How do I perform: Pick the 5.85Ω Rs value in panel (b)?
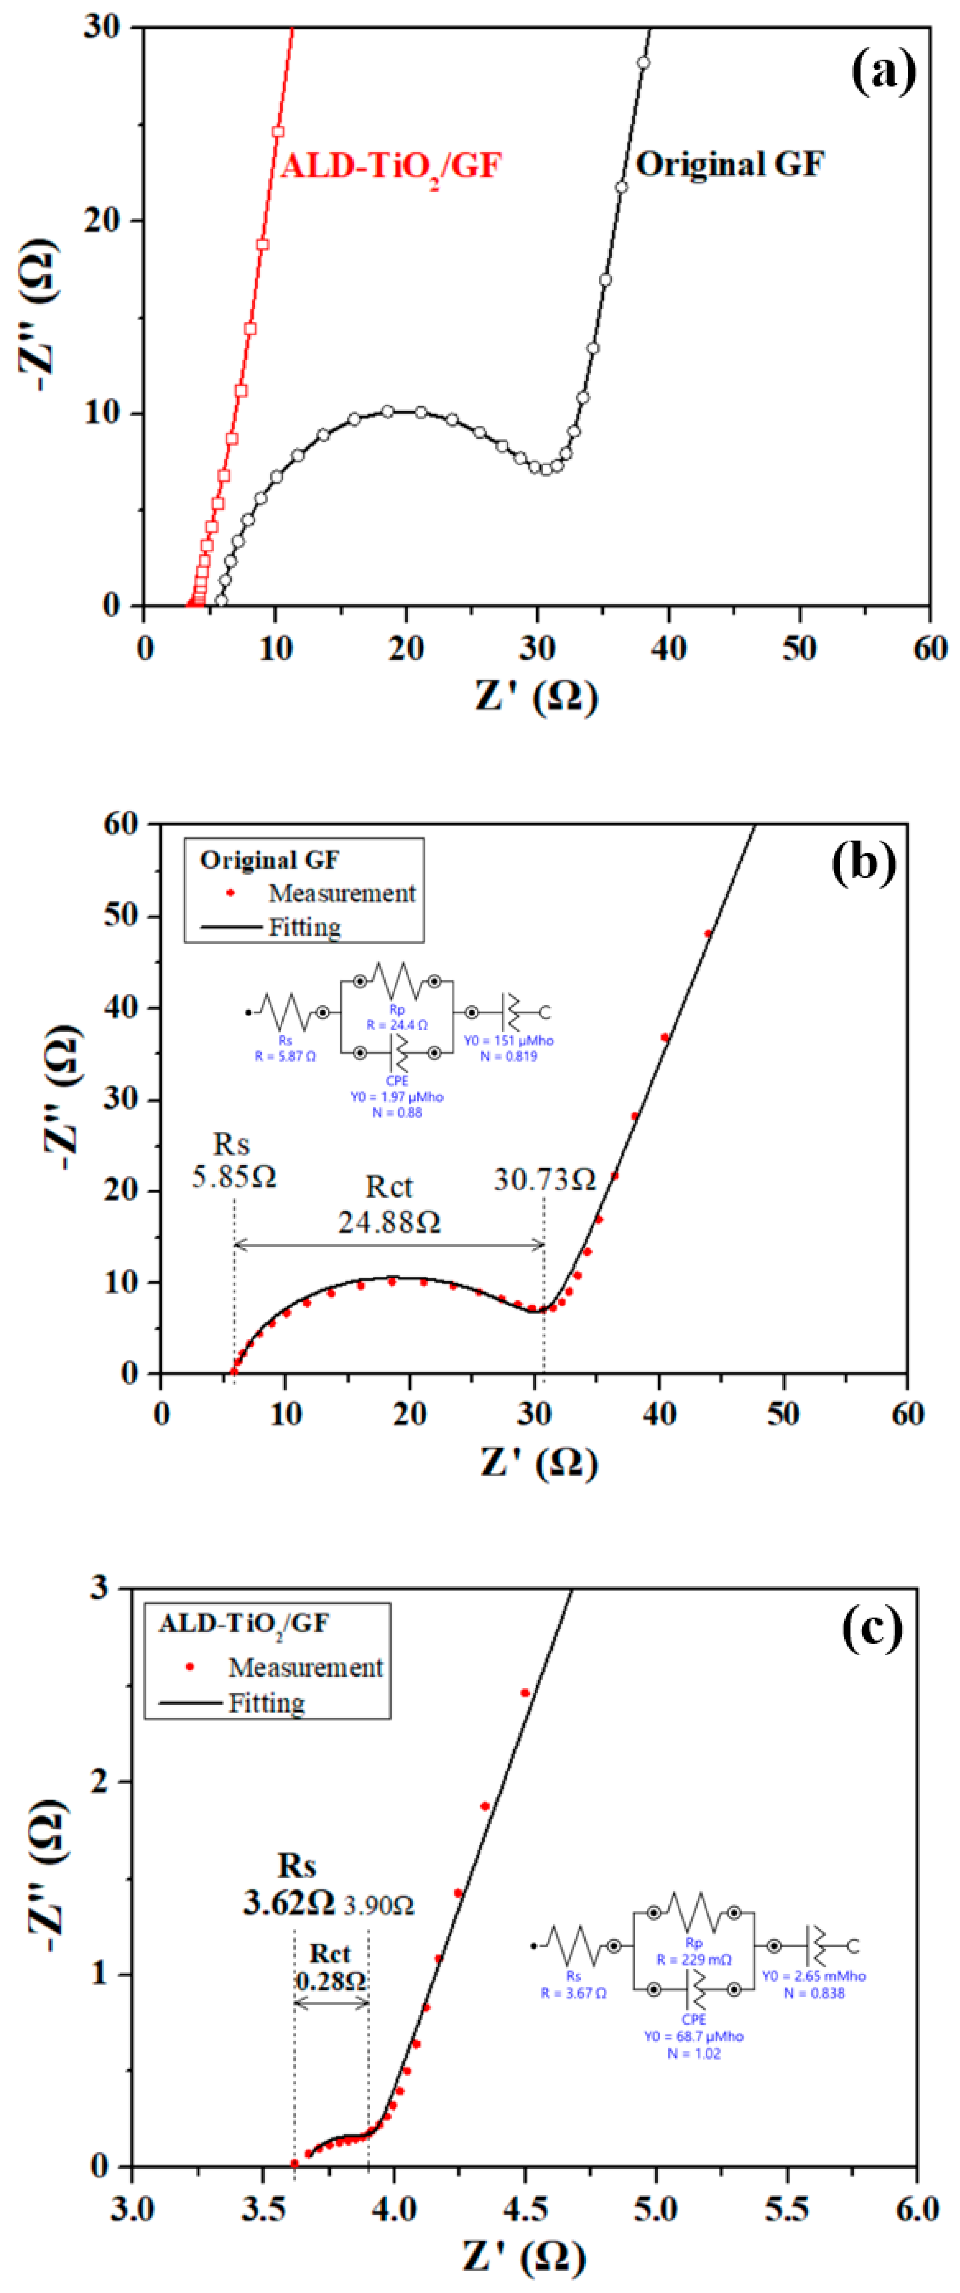[x=233, y=1177]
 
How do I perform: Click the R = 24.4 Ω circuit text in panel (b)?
[x=397, y=1024]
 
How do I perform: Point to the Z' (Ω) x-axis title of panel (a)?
[x=536, y=695]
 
